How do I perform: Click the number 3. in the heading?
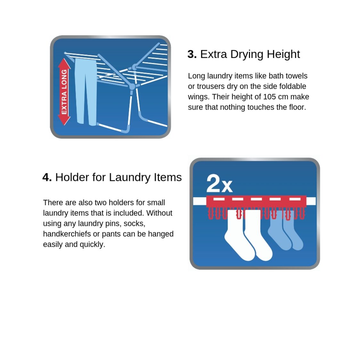pos(192,54)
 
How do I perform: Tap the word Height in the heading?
pos(283,55)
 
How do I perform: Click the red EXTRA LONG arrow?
pos(64,92)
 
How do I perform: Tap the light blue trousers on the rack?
pos(86,92)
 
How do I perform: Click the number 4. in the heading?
pos(47,177)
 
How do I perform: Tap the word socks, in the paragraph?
pos(134,224)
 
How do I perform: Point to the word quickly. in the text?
pos(92,244)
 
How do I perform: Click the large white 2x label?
pos(219,184)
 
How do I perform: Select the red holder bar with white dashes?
pos(256,201)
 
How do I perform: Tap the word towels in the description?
pos(297,76)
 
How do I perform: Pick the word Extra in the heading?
pos(214,54)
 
